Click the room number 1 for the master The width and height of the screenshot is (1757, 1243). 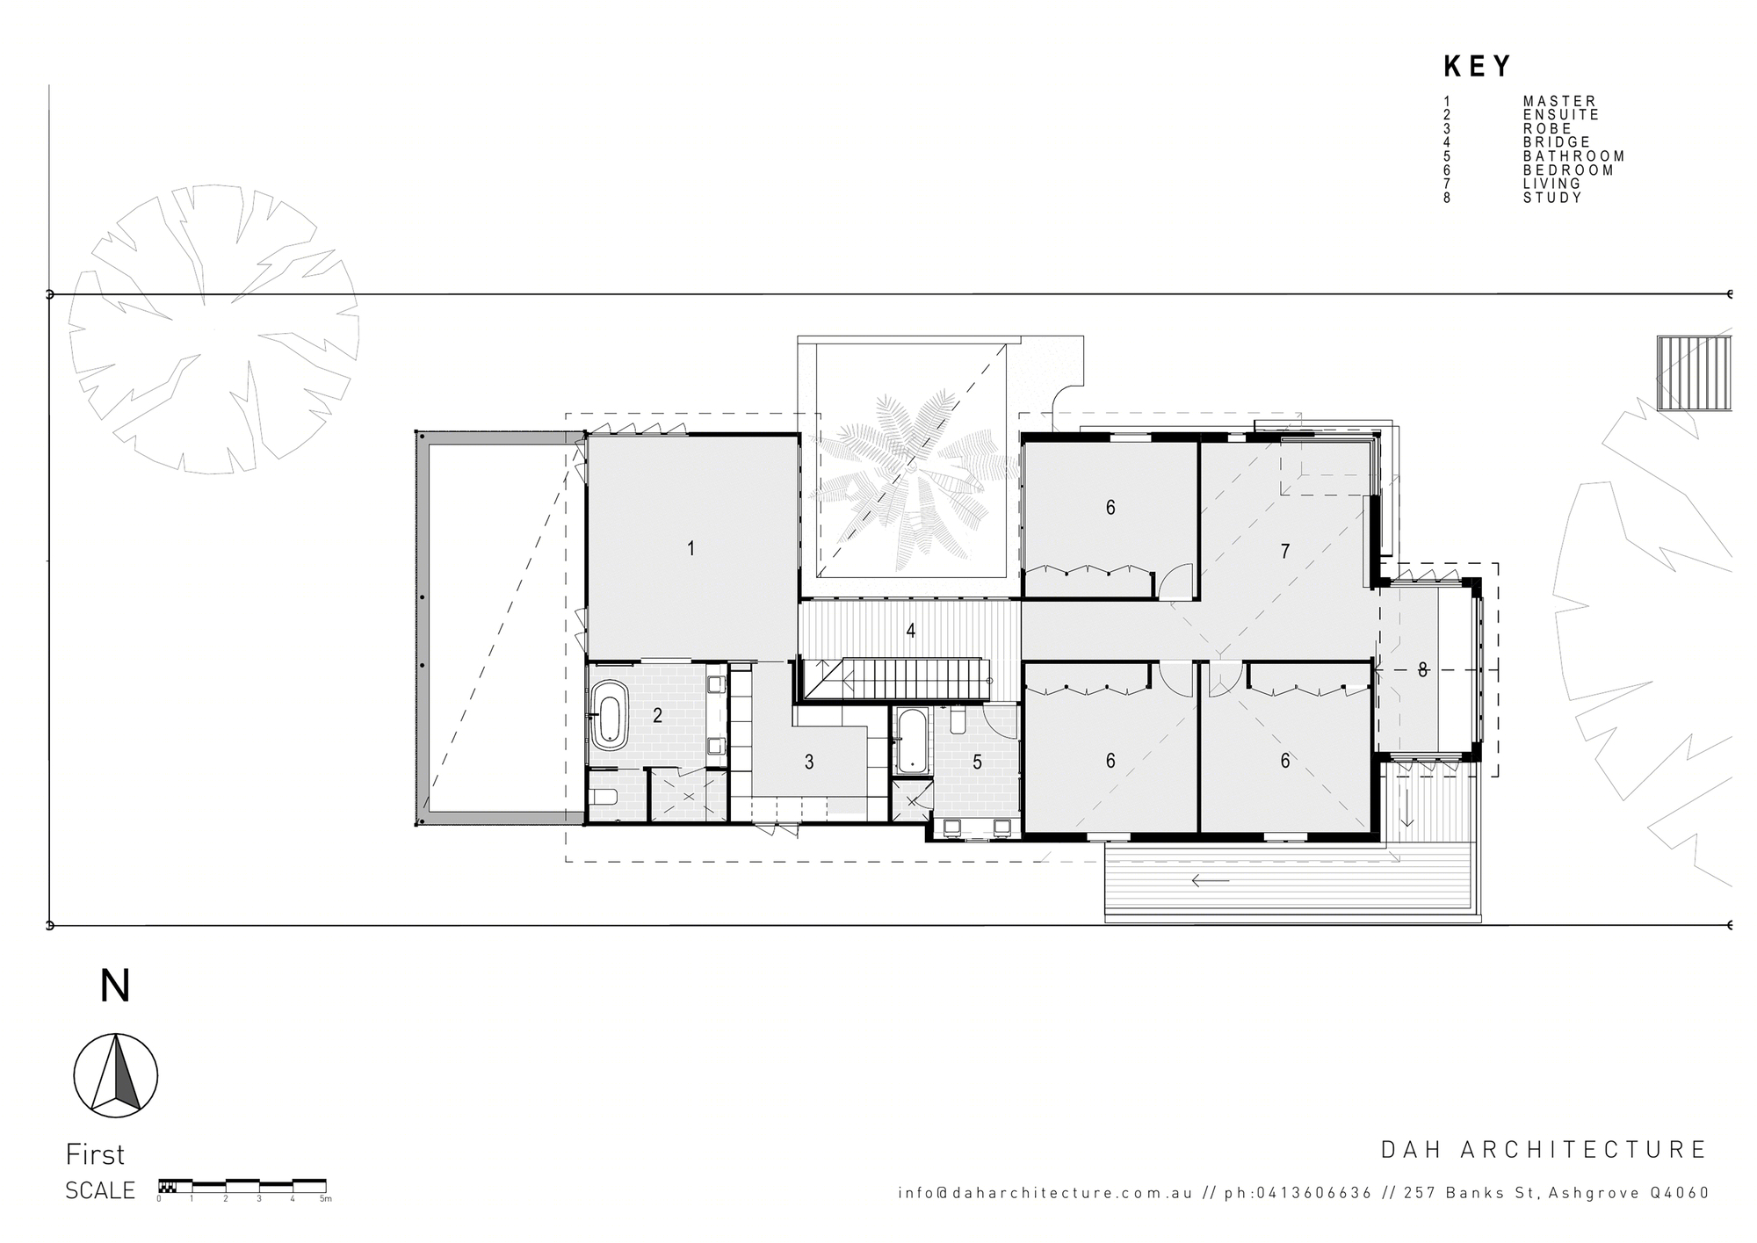coord(691,549)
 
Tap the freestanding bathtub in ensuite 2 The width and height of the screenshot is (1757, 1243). coord(607,713)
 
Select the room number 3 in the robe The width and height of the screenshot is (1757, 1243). coord(809,762)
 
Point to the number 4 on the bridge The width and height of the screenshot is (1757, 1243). coord(911,631)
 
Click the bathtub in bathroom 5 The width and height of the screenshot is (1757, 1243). coord(910,741)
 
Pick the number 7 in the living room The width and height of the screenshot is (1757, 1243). coord(1285,552)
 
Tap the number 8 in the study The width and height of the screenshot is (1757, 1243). coord(1422,670)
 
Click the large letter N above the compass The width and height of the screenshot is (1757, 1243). coord(115,986)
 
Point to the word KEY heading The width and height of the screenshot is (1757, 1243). coord(1478,67)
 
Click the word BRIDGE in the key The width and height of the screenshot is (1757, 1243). coord(1557,142)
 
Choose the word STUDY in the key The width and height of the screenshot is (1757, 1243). coord(1552,198)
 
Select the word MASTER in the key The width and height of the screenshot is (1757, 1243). coord(1559,101)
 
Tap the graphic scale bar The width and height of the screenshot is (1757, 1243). coord(242,1185)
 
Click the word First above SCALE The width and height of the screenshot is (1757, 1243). coord(95,1154)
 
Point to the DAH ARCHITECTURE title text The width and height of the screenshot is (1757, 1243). coord(1544,1150)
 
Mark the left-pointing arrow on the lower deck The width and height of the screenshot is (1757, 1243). coord(1211,881)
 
